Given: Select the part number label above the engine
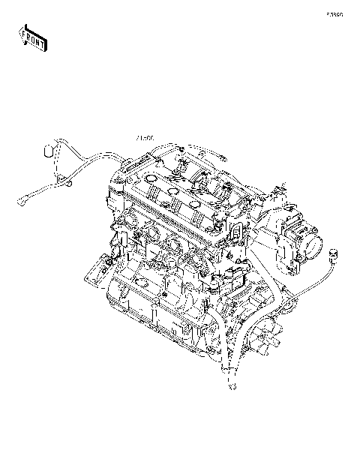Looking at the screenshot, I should tap(145, 139).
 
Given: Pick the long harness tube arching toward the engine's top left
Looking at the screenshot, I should tap(94, 157).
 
